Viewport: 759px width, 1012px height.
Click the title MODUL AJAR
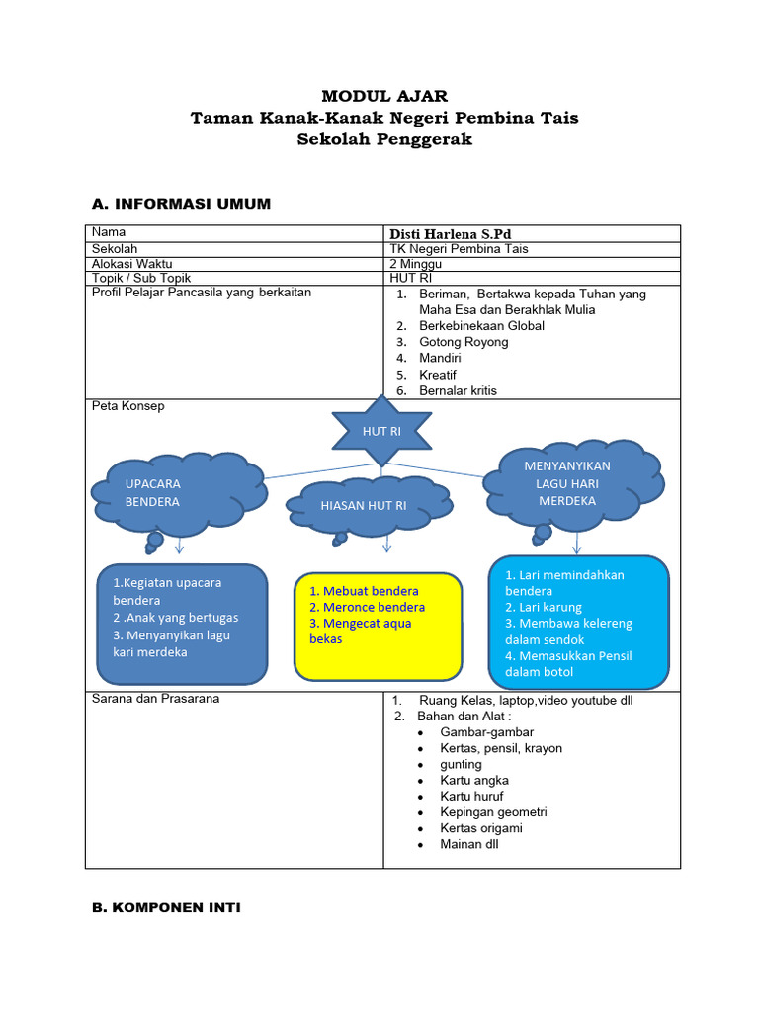pos(384,96)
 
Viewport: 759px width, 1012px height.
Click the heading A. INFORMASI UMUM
pos(181,204)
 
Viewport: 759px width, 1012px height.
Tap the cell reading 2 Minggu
pos(416,264)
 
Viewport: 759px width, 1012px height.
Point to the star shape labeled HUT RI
pos(380,431)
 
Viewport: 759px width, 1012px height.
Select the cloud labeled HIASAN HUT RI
pos(366,505)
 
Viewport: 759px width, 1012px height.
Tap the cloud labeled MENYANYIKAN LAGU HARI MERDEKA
pos(568,482)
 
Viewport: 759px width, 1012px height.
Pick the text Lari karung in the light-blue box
pos(544,607)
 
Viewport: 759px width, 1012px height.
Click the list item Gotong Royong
pos(464,342)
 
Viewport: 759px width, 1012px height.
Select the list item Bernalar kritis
pos(458,390)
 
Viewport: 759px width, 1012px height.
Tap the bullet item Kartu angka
pos(474,780)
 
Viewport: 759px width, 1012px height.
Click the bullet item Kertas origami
pos(481,828)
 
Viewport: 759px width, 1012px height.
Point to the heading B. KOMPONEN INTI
pos(166,907)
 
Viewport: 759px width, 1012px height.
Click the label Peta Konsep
pos(127,406)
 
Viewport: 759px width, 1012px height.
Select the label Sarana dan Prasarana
pos(155,699)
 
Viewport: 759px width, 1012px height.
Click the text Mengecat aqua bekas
pos(360,631)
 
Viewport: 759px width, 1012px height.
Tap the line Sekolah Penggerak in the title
pos(384,139)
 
